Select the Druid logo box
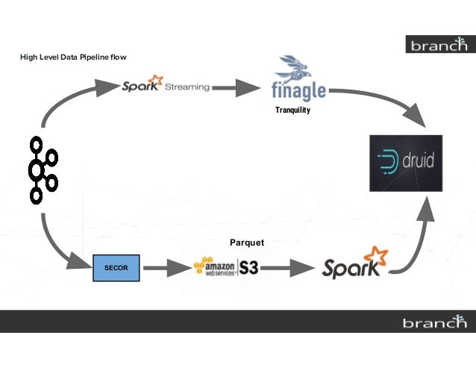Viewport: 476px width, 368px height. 405,163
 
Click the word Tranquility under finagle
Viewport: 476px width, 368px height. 292,110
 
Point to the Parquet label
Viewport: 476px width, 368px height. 247,243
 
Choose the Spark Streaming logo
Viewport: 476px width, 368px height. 166,84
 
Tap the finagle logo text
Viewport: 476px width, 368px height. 299,91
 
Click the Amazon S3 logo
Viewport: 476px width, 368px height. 226,267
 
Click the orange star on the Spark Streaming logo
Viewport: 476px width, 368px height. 156,79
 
